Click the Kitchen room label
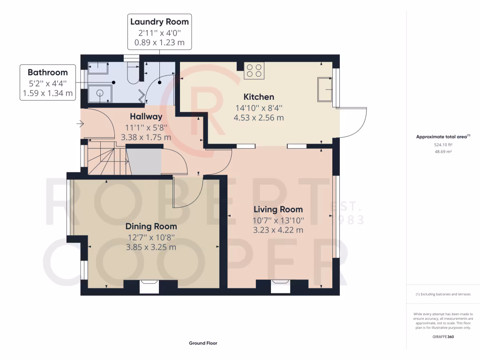pos(258,97)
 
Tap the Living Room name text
pos(278,209)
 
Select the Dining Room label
pos(151,226)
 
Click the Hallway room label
pos(146,117)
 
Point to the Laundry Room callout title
pos(159,22)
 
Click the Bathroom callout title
pos(47,72)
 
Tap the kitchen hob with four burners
pos(254,70)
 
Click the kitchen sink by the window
pos(325,89)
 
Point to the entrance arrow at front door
pos(81,124)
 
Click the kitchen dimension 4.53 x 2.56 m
pos(258,118)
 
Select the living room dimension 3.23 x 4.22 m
pos(278,230)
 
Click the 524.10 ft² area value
pos(443,145)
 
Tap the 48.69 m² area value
pos(443,152)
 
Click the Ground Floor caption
pos(203,343)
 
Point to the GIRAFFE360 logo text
pos(443,337)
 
